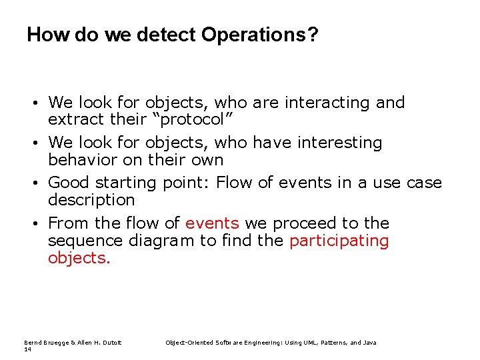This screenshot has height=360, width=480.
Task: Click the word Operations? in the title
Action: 259,35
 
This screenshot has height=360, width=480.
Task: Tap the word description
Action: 91,200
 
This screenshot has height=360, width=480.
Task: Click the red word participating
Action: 339,240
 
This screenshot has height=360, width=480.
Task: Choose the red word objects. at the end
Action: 79,257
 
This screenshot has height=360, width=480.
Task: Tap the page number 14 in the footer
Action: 27,349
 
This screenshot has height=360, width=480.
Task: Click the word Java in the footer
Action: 369,343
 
